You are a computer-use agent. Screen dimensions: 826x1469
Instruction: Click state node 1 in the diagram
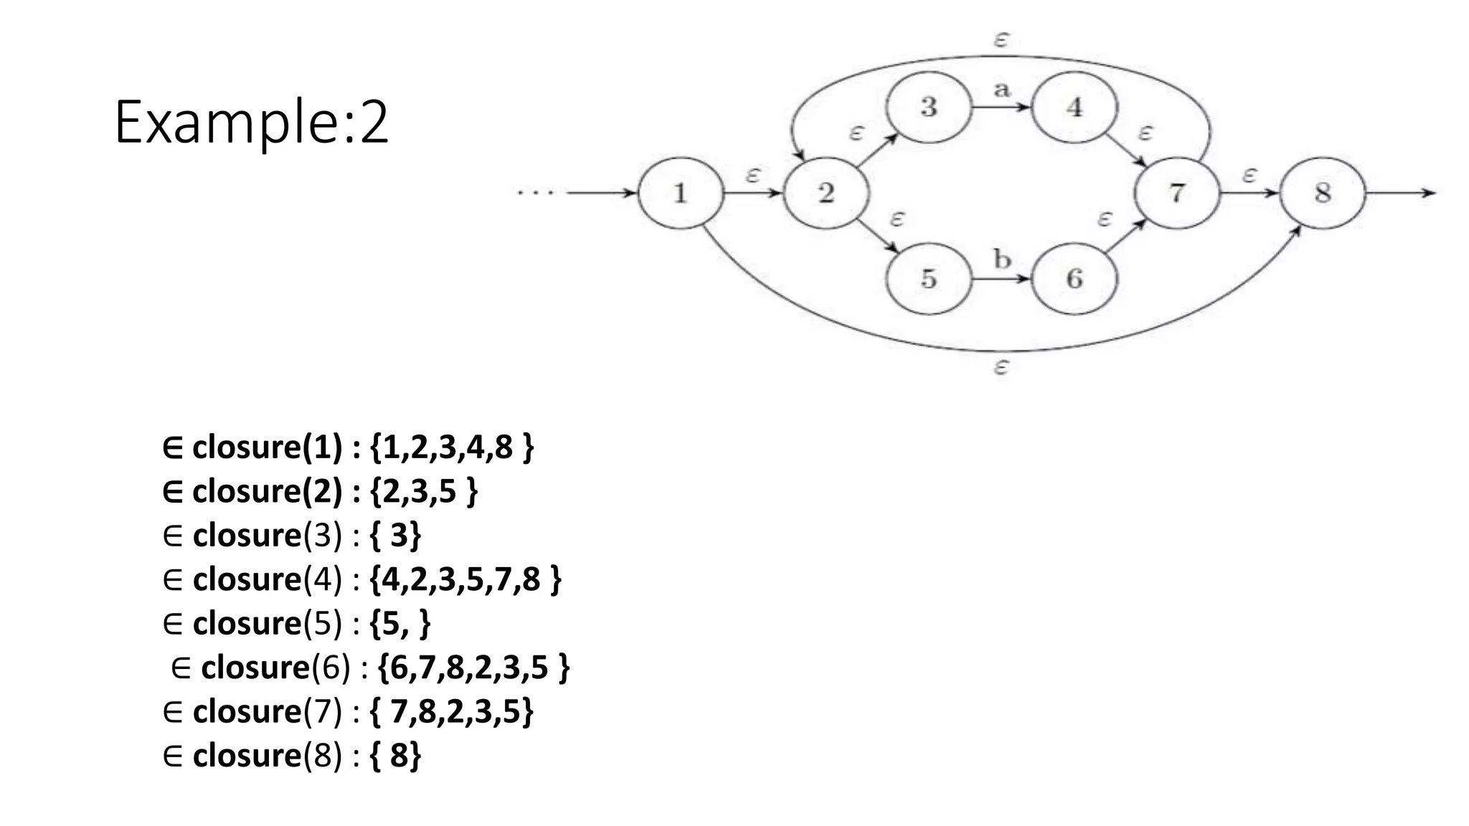pyautogui.click(x=680, y=193)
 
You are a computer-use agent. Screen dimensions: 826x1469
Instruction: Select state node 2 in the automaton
pyautogui.click(x=826, y=193)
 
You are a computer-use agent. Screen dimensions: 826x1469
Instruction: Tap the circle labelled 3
pyautogui.click(x=929, y=108)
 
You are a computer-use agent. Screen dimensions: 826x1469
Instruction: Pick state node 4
pyautogui.click(x=1074, y=108)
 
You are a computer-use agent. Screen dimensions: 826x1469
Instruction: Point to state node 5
pyautogui.click(x=929, y=278)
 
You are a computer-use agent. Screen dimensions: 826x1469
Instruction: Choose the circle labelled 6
pyautogui.click(x=1074, y=278)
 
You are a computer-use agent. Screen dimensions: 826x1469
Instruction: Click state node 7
pyautogui.click(x=1177, y=193)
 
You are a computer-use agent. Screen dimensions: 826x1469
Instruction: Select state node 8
pyautogui.click(x=1323, y=193)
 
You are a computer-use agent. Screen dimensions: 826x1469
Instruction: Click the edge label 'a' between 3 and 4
pyautogui.click(x=1001, y=90)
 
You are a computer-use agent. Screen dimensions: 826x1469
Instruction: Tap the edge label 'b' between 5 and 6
pyautogui.click(x=1002, y=259)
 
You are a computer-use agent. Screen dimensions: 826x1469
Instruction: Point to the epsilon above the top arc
pyautogui.click(x=1001, y=39)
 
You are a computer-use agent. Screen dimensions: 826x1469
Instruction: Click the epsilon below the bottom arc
pyautogui.click(x=1001, y=368)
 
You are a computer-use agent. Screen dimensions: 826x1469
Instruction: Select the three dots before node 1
pyautogui.click(x=536, y=193)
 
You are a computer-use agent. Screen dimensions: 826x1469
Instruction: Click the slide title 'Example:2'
pyautogui.click(x=251, y=123)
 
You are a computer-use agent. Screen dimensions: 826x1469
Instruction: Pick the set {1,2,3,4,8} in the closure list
pyautogui.click(x=452, y=447)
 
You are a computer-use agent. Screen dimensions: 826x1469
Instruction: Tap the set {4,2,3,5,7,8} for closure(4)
pyautogui.click(x=466, y=579)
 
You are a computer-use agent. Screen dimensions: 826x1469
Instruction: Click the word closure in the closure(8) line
pyautogui.click(x=247, y=756)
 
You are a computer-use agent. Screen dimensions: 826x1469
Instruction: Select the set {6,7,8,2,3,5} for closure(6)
pyautogui.click(x=473, y=668)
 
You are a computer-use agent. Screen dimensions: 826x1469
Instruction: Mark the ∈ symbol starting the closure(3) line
pyautogui.click(x=173, y=536)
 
